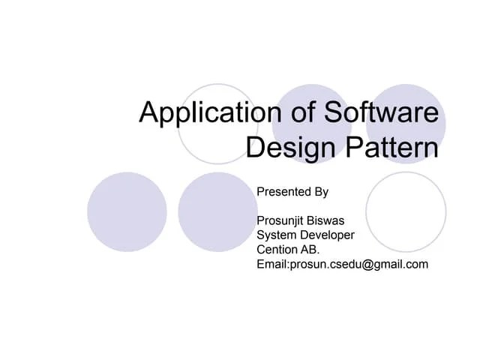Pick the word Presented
283,192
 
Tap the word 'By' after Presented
321,192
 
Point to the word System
276,235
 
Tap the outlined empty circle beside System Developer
406,212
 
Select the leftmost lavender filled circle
127,212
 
